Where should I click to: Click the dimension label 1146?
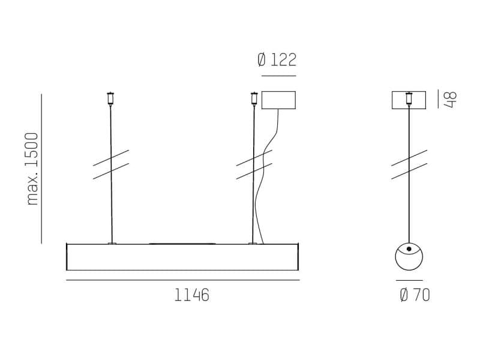pyautogui.click(x=192, y=295)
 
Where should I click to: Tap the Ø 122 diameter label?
pyautogui.click(x=277, y=59)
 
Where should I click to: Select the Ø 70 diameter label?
pyautogui.click(x=415, y=295)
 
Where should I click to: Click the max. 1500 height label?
pyautogui.click(x=32, y=169)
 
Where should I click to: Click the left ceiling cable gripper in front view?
pyautogui.click(x=110, y=98)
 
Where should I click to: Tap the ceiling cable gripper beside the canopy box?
pyautogui.click(x=254, y=98)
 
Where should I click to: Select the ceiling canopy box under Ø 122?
pyautogui.click(x=278, y=100)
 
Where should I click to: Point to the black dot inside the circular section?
pyautogui.click(x=409, y=249)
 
